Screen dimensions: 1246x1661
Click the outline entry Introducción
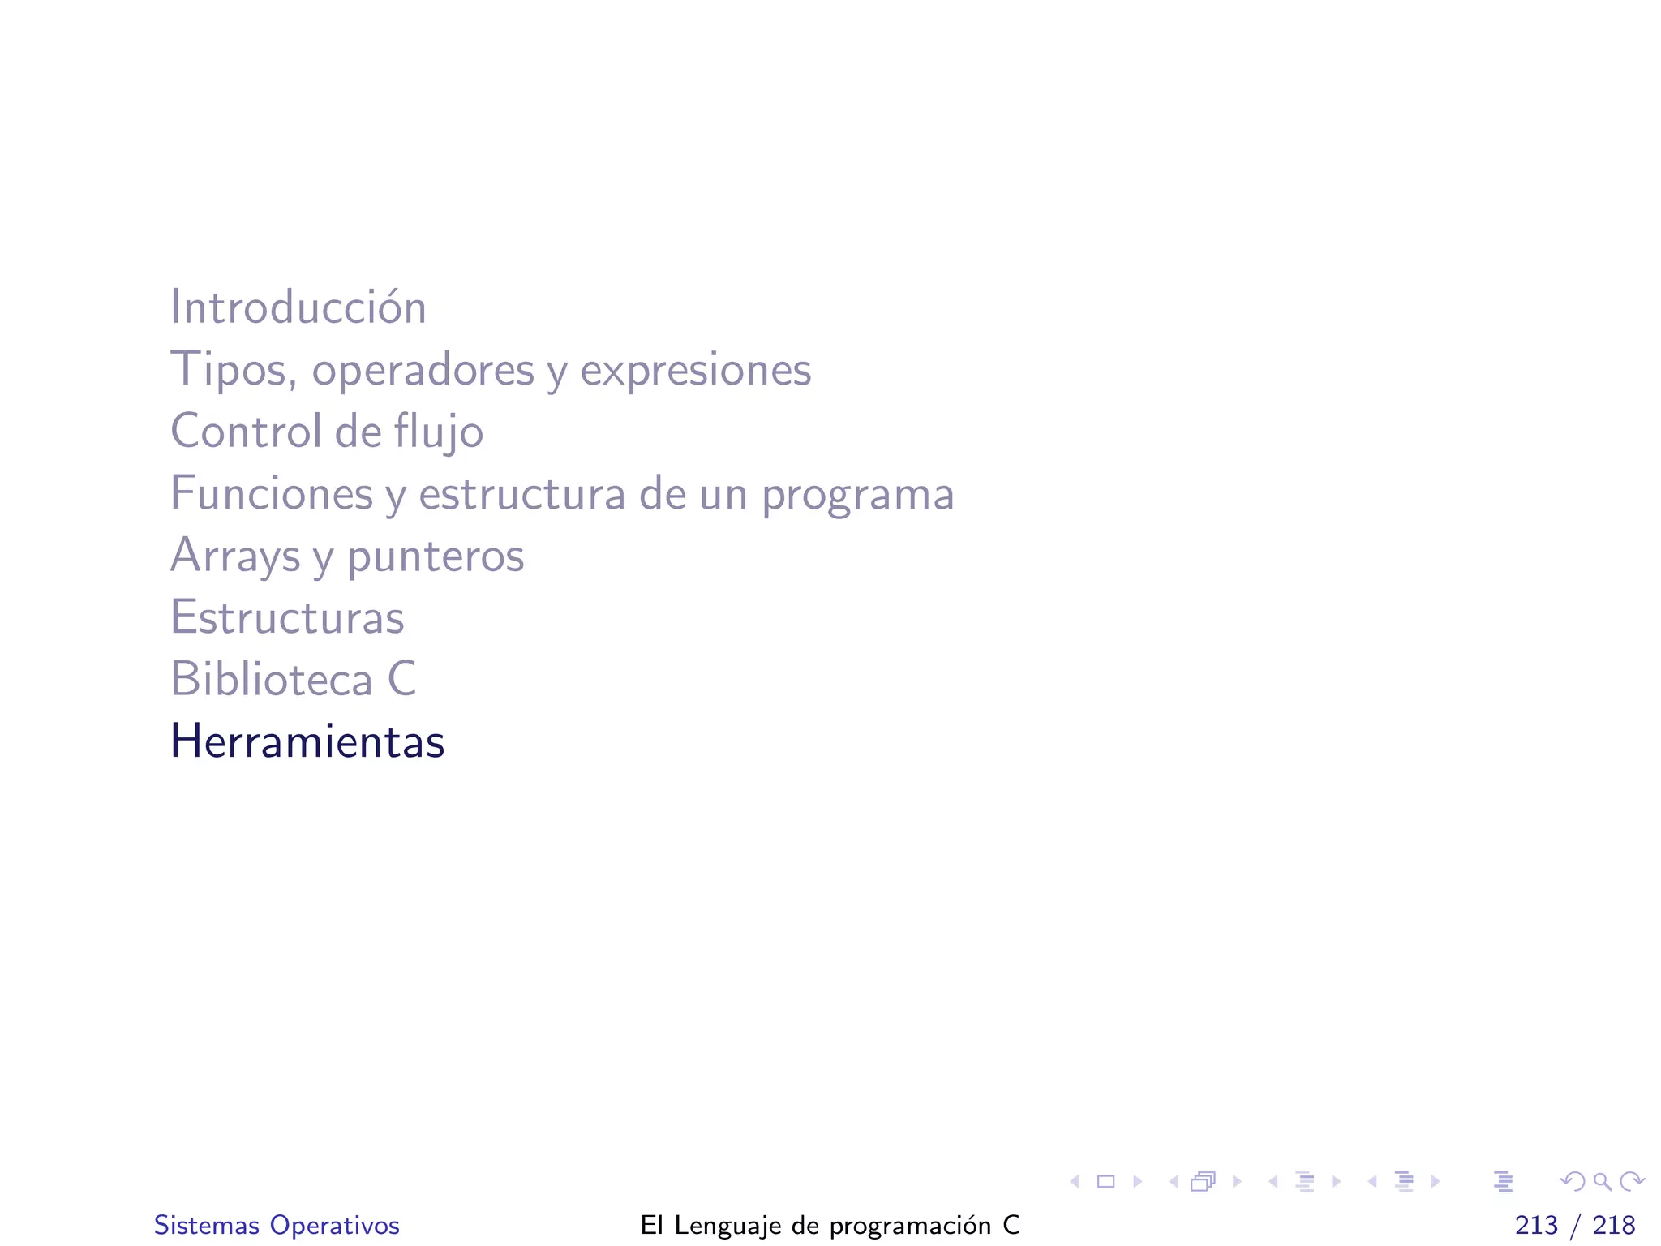pyautogui.click(x=298, y=308)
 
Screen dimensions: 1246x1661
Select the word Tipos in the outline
pyautogui.click(x=230, y=371)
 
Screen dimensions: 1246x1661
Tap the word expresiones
pyautogui.click(x=695, y=371)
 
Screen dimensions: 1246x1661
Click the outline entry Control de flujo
pyautogui.click(x=326, y=432)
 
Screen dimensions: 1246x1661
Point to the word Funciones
pyautogui.click(x=271, y=493)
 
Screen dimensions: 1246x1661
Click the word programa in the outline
pyautogui.click(x=857, y=495)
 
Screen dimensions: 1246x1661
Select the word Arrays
pyautogui.click(x=235, y=556)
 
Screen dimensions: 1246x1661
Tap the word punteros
pyautogui.click(x=436, y=556)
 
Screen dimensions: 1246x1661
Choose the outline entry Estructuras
pyautogui.click(x=287, y=617)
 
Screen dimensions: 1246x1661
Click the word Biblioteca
pyautogui.click(x=271, y=679)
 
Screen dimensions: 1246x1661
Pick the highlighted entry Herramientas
pyautogui.click(x=307, y=741)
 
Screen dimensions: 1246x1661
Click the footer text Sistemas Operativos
pyautogui.click(x=277, y=1225)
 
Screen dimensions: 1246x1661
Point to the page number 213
pyautogui.click(x=1536, y=1225)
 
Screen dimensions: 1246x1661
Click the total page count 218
pyautogui.click(x=1614, y=1225)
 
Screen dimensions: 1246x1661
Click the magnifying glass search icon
pyautogui.click(x=1602, y=1182)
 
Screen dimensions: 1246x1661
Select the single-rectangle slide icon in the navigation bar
pyautogui.click(x=1105, y=1182)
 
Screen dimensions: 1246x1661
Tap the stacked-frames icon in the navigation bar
pyautogui.click(x=1204, y=1182)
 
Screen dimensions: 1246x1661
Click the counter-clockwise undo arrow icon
pyautogui.click(x=1573, y=1182)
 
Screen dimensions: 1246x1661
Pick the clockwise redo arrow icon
pyautogui.click(x=1632, y=1182)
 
